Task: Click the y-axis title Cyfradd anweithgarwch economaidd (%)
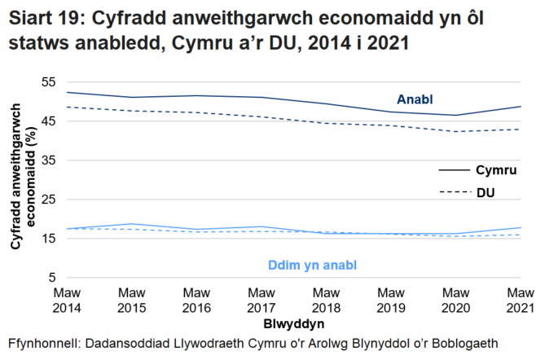[x=22, y=180]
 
